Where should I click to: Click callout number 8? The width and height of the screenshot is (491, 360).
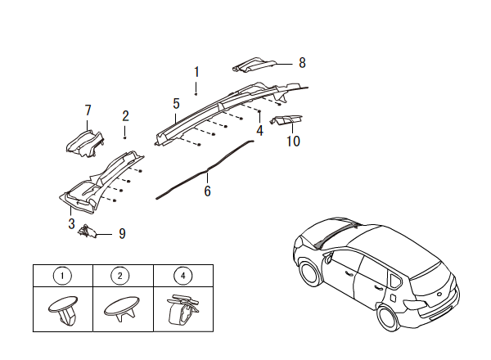(x=302, y=62)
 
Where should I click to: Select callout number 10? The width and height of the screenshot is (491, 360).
(x=293, y=141)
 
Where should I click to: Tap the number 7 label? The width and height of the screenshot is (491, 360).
(x=88, y=110)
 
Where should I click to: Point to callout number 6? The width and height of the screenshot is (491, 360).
(x=207, y=191)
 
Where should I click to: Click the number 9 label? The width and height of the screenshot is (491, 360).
(x=122, y=234)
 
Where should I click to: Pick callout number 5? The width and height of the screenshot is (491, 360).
(x=176, y=104)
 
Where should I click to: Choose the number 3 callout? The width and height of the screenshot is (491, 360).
(x=71, y=223)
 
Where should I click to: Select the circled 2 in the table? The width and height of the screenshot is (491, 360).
(x=120, y=277)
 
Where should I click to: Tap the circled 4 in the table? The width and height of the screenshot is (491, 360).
(x=182, y=277)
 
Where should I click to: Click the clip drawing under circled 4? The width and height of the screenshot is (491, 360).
(x=182, y=310)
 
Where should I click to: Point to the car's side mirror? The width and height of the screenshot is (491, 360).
(x=330, y=256)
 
